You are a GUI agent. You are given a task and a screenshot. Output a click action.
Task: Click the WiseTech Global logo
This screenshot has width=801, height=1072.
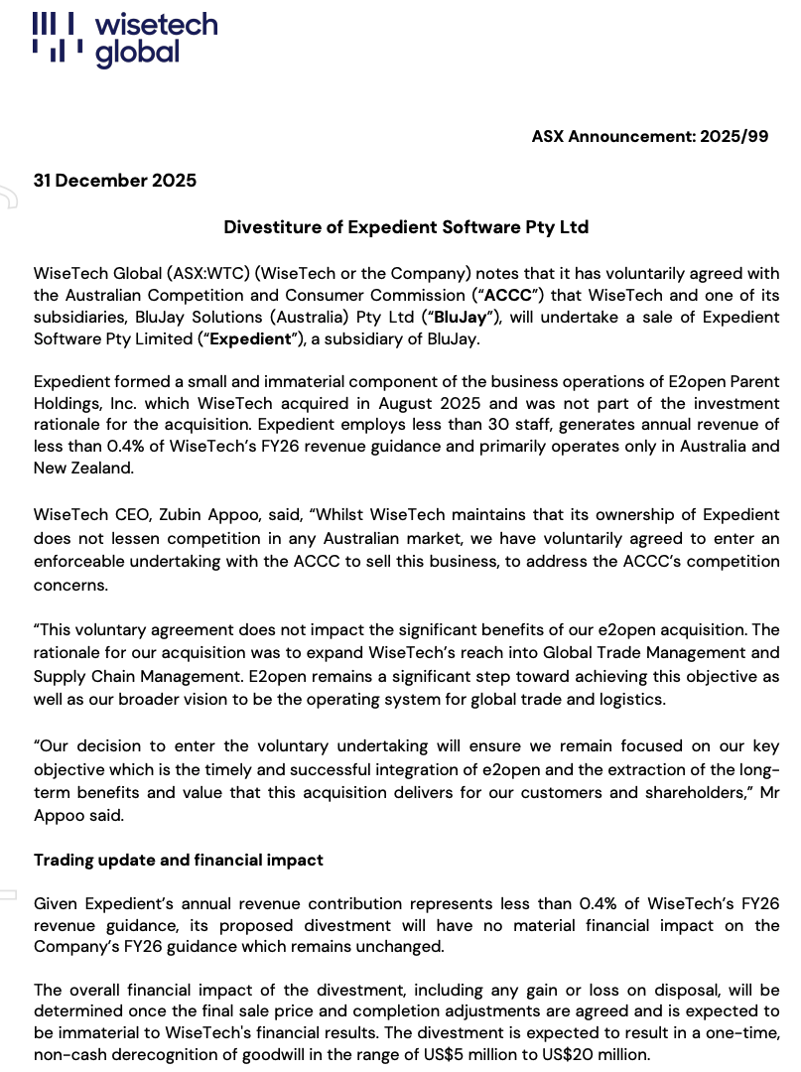click(x=124, y=40)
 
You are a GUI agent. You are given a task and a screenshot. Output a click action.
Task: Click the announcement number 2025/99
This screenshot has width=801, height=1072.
click(x=734, y=136)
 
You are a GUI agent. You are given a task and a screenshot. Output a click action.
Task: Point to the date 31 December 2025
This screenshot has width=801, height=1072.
click(x=115, y=181)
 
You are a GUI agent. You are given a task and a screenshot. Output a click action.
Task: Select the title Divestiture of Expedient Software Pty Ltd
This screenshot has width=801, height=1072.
click(x=406, y=227)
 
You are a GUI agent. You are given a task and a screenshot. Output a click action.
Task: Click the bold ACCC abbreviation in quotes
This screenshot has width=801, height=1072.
click(x=506, y=296)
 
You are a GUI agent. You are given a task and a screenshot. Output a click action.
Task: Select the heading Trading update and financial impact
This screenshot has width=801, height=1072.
click(x=179, y=861)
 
